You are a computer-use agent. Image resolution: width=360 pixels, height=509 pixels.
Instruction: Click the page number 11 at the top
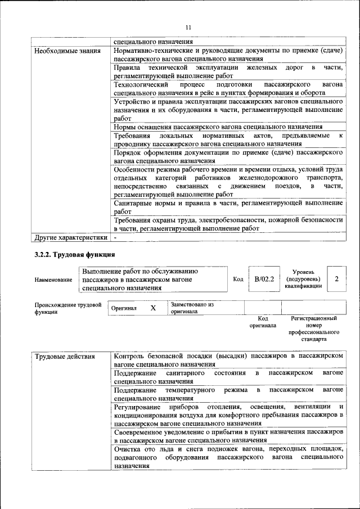[188, 27]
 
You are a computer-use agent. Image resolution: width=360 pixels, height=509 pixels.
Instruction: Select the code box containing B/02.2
[263, 279]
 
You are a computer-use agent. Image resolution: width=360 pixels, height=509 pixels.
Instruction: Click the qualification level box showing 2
[336, 279]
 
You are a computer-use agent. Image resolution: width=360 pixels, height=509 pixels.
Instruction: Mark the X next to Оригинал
[153, 308]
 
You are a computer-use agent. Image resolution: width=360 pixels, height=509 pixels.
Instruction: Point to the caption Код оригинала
[263, 322]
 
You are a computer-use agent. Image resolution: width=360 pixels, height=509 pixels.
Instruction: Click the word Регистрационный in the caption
[313, 318]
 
